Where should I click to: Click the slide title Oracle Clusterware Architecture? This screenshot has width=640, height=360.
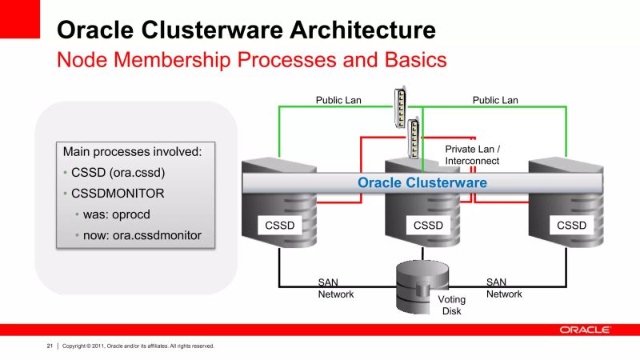pyautogui.click(x=246, y=30)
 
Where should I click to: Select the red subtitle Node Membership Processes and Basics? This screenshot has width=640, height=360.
pyautogui.click(x=251, y=60)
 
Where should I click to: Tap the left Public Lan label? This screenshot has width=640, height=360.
pyautogui.click(x=339, y=100)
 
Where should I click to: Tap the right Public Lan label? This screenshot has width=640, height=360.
pyautogui.click(x=495, y=100)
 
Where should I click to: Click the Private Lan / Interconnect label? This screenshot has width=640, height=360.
pyautogui.click(x=472, y=154)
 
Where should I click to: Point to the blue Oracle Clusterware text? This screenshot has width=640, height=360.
pyautogui.click(x=422, y=182)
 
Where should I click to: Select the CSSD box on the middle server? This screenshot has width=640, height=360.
pyautogui.click(x=428, y=226)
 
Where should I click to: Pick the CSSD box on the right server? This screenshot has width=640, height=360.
pyautogui.click(x=571, y=226)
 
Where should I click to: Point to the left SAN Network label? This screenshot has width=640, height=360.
pyautogui.click(x=335, y=288)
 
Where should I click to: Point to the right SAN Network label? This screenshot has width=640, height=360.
pyautogui.click(x=504, y=288)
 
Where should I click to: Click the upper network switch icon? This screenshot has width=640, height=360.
pyautogui.click(x=399, y=107)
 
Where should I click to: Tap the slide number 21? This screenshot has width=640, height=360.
pyautogui.click(x=49, y=346)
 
